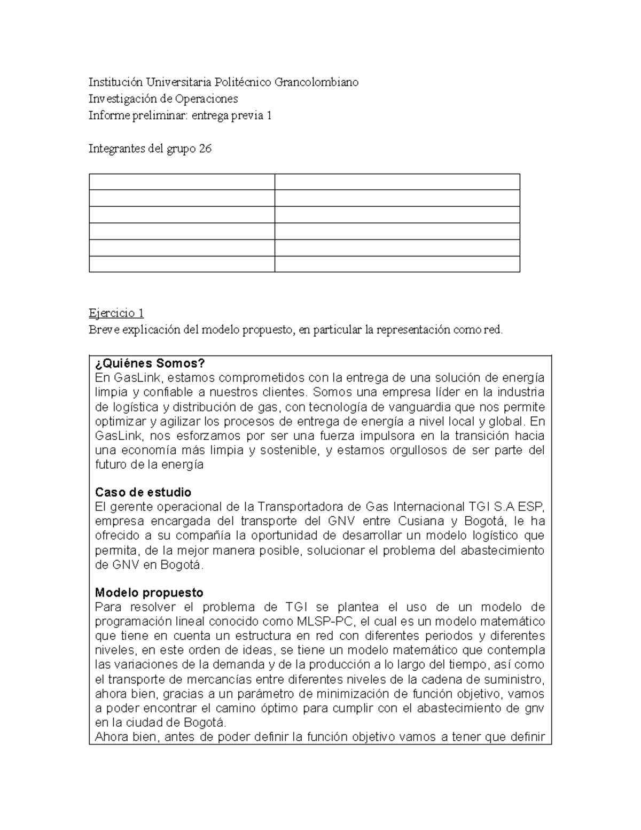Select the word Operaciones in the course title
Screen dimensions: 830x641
[206, 99]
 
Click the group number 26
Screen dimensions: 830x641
[205, 149]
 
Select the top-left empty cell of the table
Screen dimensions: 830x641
[182, 182]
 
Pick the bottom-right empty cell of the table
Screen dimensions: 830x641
[397, 264]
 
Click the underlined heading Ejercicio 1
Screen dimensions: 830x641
[116, 313]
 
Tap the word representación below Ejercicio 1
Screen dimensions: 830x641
[414, 330]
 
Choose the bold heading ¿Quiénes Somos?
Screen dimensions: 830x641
[150, 363]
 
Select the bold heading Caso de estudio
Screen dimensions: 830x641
[143, 492]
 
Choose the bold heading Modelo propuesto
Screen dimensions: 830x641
[149, 593]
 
